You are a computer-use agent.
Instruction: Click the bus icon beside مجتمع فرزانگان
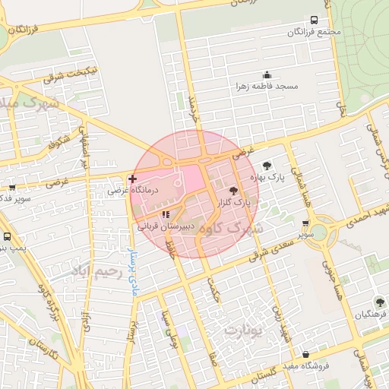point(315,21)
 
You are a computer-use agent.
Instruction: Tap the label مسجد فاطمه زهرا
point(267,87)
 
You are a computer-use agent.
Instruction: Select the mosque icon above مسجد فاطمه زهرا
point(267,74)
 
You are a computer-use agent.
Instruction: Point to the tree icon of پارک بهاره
point(267,165)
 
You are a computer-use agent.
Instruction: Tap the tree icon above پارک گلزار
point(232,191)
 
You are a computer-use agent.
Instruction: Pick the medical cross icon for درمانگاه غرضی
point(133,179)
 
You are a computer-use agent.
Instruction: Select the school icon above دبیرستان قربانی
point(166,214)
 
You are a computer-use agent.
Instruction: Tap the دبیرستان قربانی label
point(166,226)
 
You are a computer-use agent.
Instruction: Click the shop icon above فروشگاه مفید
point(305,354)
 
